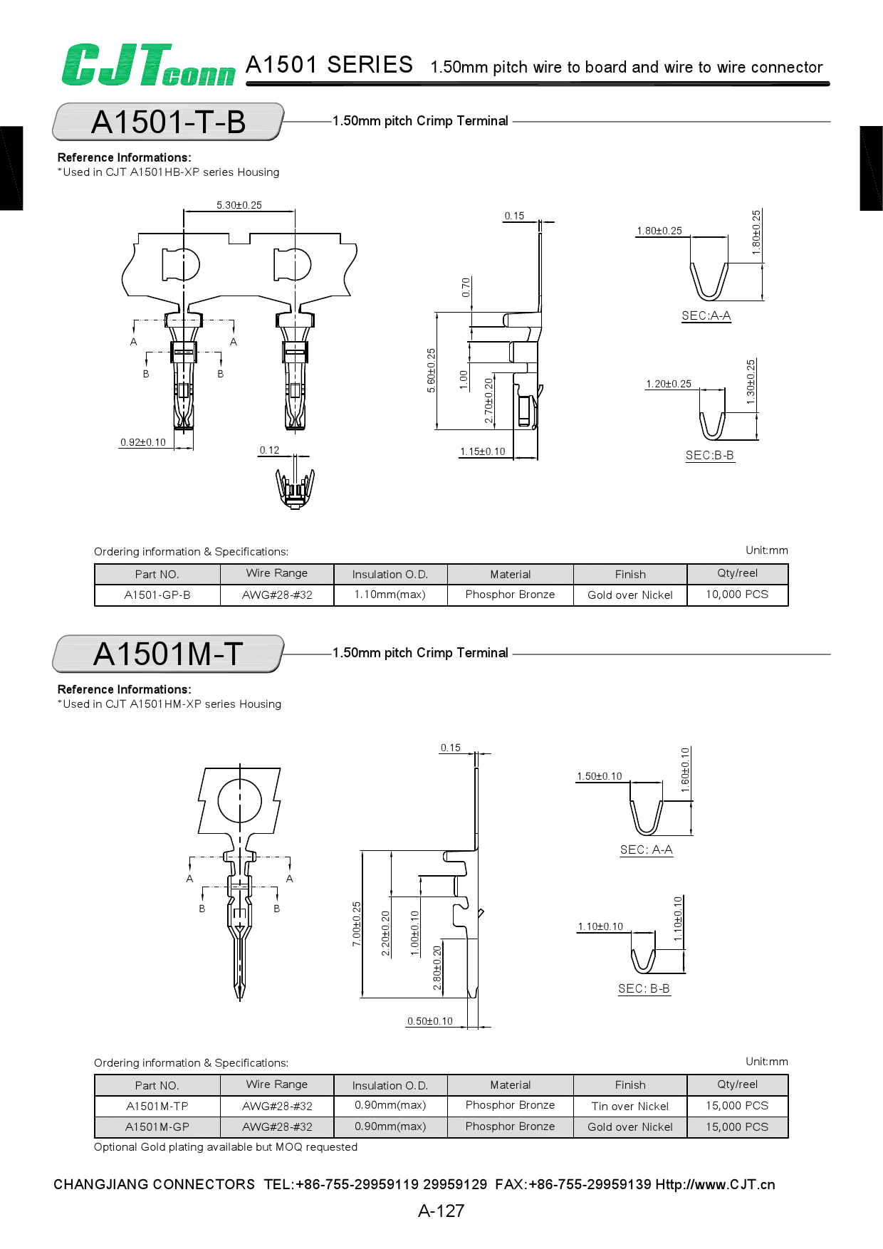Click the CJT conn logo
[147, 65]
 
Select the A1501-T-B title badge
[169, 122]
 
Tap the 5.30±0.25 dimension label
[239, 205]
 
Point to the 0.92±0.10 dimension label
[143, 442]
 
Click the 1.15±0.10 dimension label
[483, 451]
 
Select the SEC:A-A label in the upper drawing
[706, 315]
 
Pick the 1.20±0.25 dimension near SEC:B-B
[669, 384]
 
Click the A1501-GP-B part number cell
[157, 595]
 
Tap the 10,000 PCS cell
[737, 594]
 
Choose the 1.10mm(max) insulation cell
[390, 594]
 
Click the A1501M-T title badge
[169, 654]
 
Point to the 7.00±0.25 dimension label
[357, 924]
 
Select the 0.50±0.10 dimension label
[430, 1021]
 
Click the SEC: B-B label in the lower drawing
[644, 988]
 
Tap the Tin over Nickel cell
[630, 1106]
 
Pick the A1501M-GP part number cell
[157, 1127]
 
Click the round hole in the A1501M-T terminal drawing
[240, 800]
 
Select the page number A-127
[441, 1211]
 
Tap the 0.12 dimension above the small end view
[269, 450]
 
